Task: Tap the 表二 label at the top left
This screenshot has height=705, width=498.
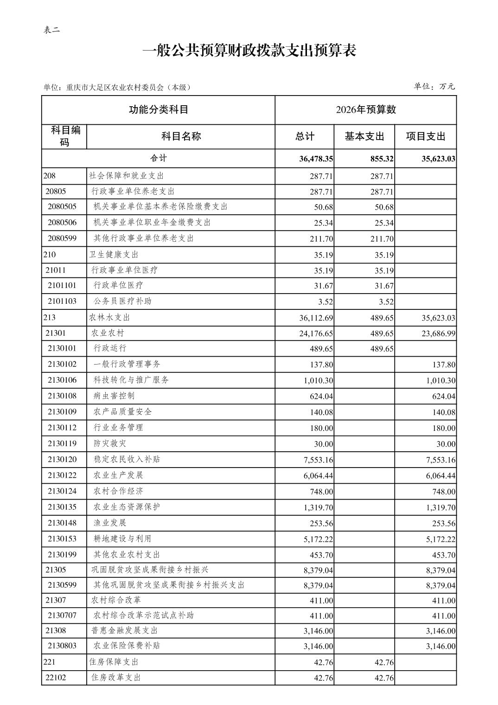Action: click(x=51, y=30)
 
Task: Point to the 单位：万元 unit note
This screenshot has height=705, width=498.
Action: click(x=434, y=86)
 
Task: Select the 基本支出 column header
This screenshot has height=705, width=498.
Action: click(x=364, y=136)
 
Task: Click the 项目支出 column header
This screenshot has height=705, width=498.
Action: click(x=425, y=136)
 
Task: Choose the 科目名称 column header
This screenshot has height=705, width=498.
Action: click(x=181, y=136)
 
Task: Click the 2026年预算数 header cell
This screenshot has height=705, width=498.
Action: click(x=365, y=109)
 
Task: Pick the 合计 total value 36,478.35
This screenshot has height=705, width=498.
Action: click(x=316, y=159)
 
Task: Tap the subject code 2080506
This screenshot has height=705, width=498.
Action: click(x=62, y=223)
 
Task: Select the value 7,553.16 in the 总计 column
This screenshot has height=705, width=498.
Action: click(x=318, y=460)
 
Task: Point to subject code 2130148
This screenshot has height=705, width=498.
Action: click(x=62, y=523)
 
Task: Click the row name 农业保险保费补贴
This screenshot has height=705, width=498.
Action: click(x=127, y=646)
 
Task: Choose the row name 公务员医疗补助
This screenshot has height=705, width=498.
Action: click(x=122, y=301)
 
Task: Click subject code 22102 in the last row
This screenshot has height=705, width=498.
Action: click(x=56, y=678)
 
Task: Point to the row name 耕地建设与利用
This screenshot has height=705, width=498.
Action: click(x=122, y=538)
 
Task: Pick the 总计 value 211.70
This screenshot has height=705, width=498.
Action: click(x=323, y=239)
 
